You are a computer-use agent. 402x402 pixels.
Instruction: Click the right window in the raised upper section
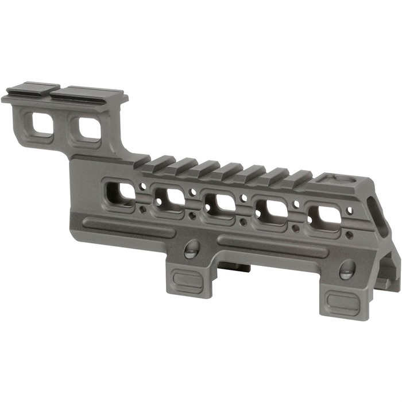pos(89,127)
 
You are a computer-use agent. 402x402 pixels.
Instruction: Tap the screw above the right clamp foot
pos(347,268)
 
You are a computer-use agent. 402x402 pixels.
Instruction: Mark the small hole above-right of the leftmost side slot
pos(142,186)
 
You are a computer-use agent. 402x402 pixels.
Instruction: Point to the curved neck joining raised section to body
pos(123,146)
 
